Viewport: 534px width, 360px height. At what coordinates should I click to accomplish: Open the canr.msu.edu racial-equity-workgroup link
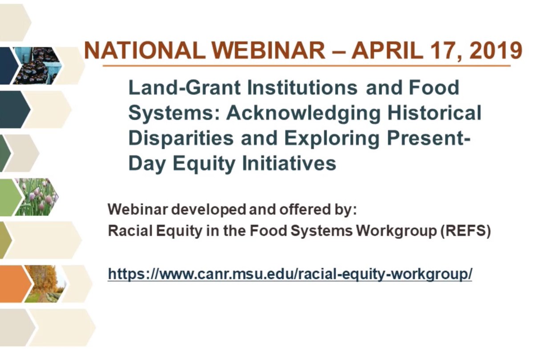[290, 274]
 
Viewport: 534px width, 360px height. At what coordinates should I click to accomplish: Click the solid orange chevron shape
[14, 283]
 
